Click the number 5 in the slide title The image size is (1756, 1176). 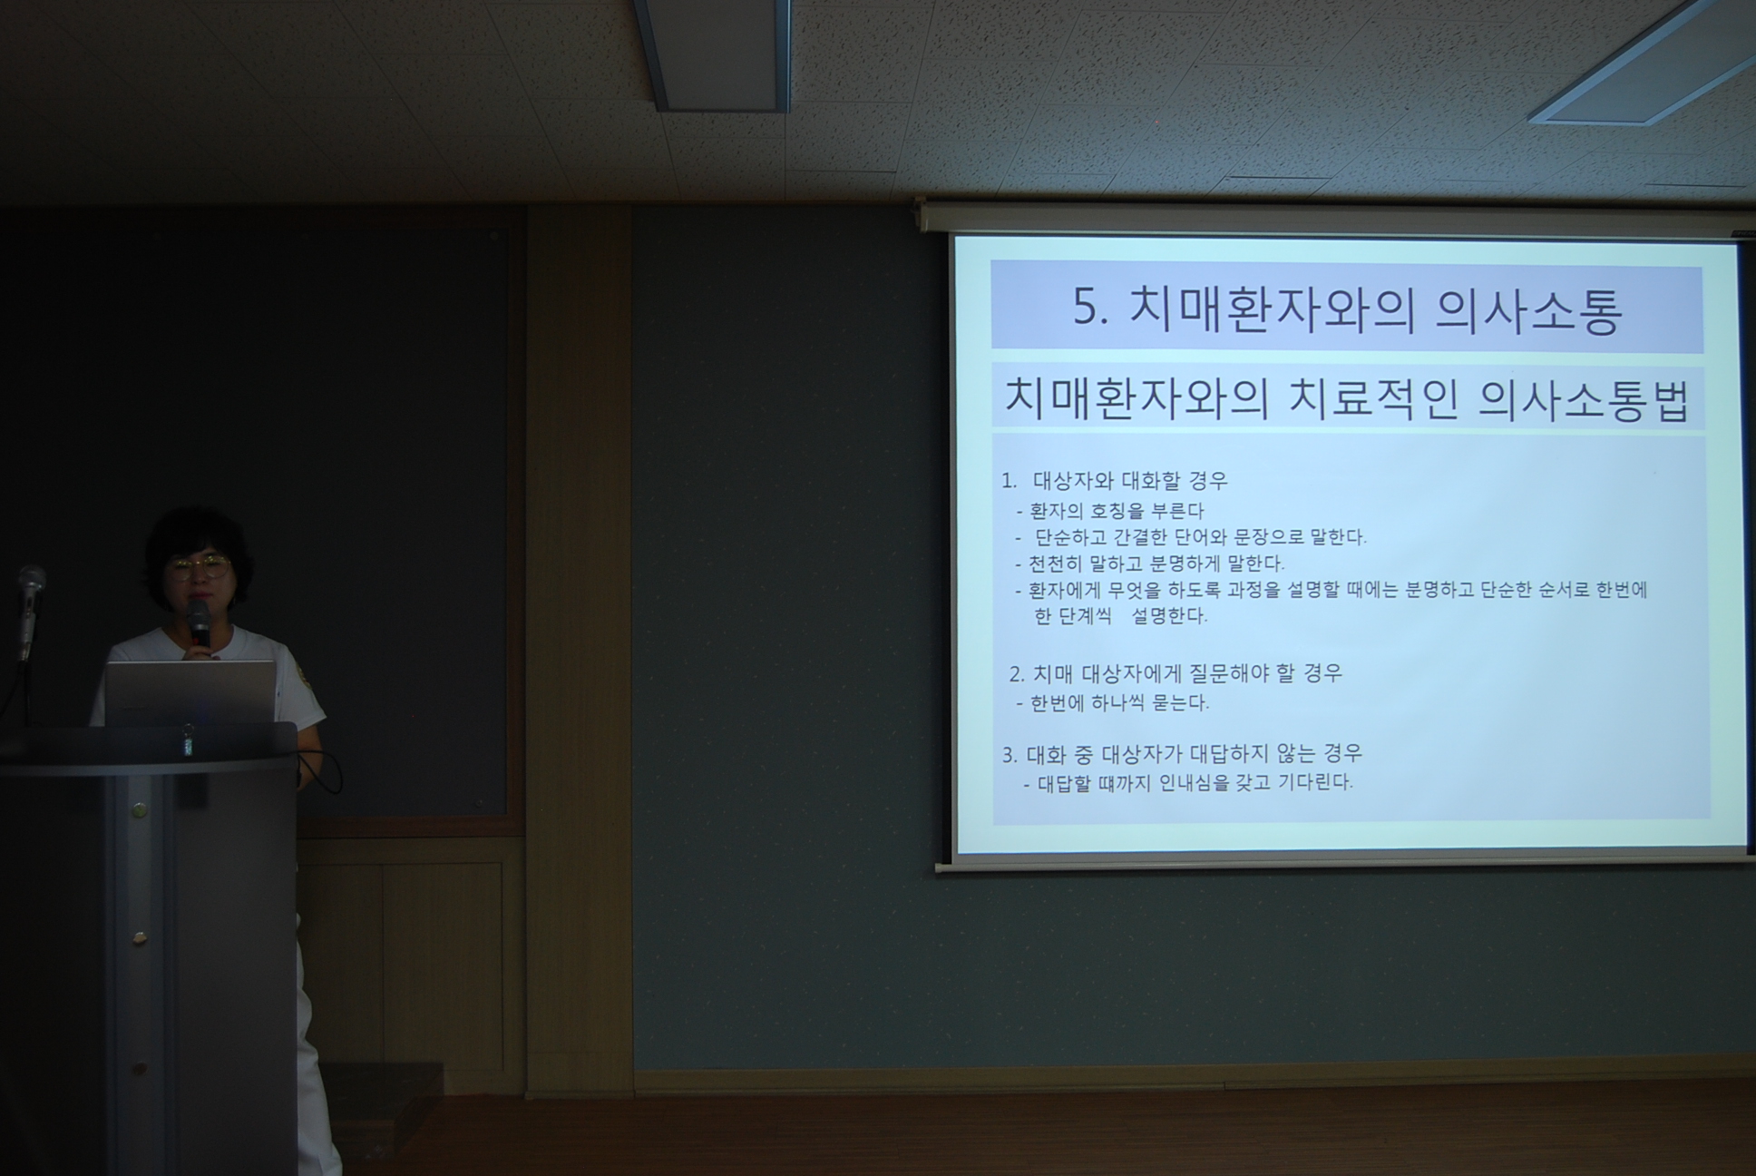(x=1087, y=308)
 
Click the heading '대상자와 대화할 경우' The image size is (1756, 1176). (x=1130, y=481)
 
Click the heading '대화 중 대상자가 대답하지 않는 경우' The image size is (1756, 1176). (x=1195, y=754)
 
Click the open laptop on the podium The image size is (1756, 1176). (x=190, y=692)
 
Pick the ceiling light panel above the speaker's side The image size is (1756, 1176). (x=712, y=54)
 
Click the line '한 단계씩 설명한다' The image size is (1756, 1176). (x=1121, y=616)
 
